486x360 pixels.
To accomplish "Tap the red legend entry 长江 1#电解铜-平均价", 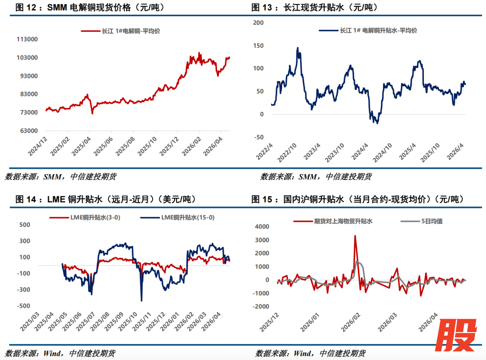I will pyautogui.click(x=121, y=31).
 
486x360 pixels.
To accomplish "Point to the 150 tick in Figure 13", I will pyautogui.click(x=258, y=45).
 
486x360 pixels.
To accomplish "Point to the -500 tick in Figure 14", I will pyautogui.click(x=24, y=306).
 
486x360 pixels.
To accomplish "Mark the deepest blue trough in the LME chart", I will pyautogui.click(x=141, y=301).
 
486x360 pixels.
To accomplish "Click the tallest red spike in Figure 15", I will pyautogui.click(x=355, y=235).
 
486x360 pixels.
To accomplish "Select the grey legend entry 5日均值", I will pyautogui.click(x=416, y=221).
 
